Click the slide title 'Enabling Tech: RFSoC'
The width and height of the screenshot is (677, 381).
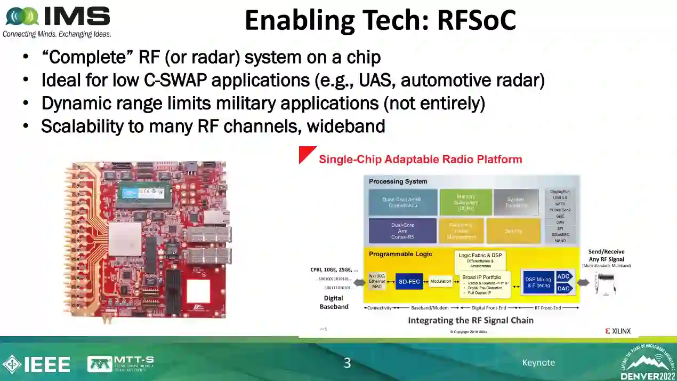(x=380, y=21)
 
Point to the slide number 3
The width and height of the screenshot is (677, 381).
(x=347, y=363)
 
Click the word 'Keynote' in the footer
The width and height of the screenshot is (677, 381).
(x=538, y=363)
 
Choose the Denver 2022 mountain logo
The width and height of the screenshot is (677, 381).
(x=647, y=361)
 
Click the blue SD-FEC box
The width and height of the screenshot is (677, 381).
(x=409, y=282)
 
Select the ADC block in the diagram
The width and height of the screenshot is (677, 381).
(x=563, y=276)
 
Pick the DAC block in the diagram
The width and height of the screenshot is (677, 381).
(x=563, y=289)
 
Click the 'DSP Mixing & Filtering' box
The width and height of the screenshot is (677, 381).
(x=538, y=282)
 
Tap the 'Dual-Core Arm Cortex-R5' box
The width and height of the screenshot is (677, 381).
(x=402, y=231)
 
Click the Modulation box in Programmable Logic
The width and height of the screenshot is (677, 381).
(x=440, y=281)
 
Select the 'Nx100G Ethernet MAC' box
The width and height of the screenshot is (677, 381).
(x=377, y=281)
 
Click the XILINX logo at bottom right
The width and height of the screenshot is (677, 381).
(x=618, y=331)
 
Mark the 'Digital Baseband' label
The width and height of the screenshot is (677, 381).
(x=334, y=302)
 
